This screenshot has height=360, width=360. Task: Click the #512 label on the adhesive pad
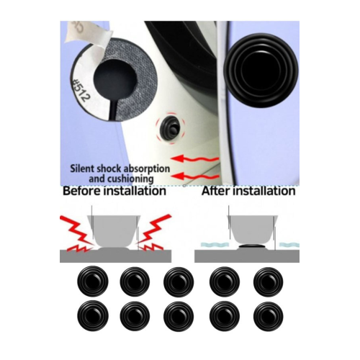coord(81,91)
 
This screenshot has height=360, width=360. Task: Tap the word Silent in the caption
coord(82,168)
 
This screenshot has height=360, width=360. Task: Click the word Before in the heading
coord(82,191)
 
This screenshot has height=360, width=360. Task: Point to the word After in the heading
coord(216,191)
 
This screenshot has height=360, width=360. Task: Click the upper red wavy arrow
coord(195,158)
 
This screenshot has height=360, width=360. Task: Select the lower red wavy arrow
coord(195,176)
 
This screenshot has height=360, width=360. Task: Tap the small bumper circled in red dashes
coord(170,128)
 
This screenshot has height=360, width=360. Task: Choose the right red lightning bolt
coord(153,233)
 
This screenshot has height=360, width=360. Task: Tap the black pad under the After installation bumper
coord(251,246)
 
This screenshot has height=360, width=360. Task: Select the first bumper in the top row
coord(93,281)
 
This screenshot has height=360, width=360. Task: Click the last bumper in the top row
coord(269,281)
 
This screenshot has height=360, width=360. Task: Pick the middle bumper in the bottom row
coord(179,316)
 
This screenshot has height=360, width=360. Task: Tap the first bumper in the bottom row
coord(93,316)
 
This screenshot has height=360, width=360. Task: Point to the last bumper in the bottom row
coord(269,316)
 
